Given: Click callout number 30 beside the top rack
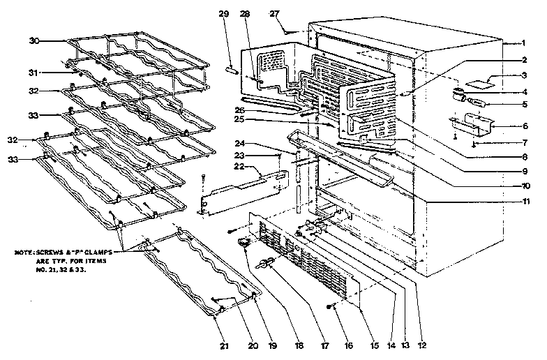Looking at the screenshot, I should [x=33, y=40].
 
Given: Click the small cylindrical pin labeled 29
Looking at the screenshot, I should [x=232, y=70].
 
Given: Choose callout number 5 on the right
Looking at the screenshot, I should [x=523, y=105].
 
